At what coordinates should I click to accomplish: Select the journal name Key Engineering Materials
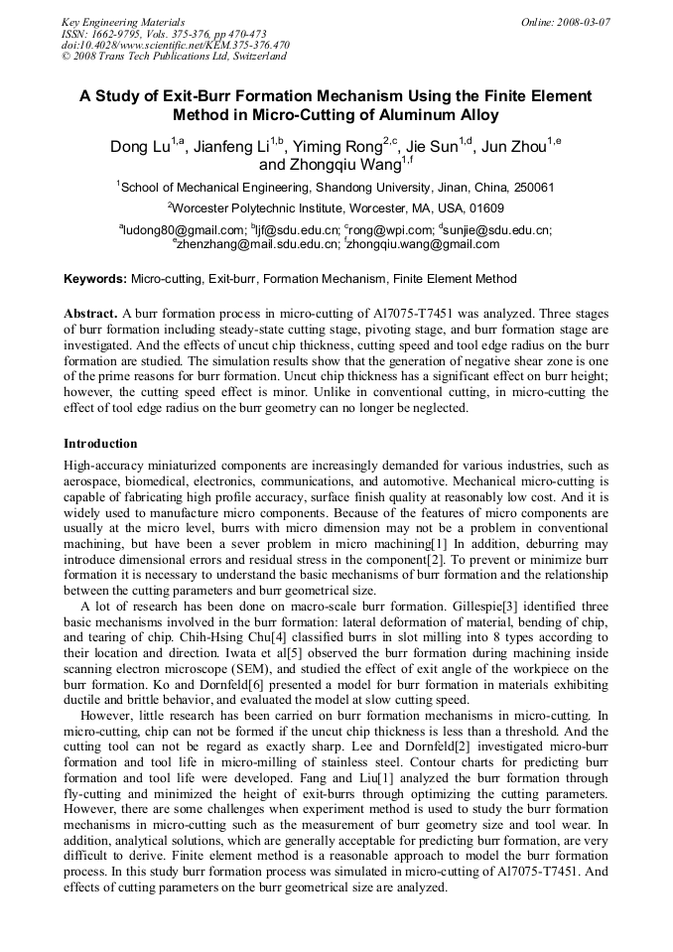click(x=123, y=21)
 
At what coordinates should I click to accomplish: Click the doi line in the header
click(x=175, y=45)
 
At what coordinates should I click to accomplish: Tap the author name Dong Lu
click(x=139, y=148)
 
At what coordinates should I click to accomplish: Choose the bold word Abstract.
click(x=91, y=313)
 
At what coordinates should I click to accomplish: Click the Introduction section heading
click(x=100, y=444)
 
